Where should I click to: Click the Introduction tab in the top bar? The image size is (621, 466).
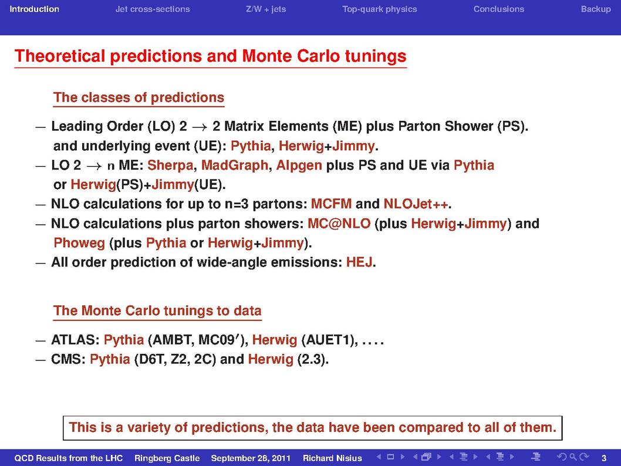click(x=35, y=9)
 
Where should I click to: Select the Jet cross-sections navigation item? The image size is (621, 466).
click(x=153, y=9)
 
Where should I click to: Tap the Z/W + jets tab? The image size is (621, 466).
click(x=266, y=9)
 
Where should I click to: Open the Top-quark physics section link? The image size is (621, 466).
click(x=379, y=9)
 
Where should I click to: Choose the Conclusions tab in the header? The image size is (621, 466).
click(x=499, y=9)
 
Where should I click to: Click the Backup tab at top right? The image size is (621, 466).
click(x=596, y=9)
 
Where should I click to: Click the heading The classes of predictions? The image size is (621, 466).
click(x=139, y=97)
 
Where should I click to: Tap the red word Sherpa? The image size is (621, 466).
click(x=170, y=165)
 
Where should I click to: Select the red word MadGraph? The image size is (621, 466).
click(x=234, y=165)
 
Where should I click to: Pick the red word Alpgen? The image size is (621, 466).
click(x=299, y=165)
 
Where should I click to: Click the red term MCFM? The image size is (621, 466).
click(x=331, y=204)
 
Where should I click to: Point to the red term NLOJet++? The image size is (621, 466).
click(x=416, y=204)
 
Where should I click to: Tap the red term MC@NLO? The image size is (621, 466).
click(x=339, y=224)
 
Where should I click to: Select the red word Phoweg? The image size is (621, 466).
click(x=79, y=243)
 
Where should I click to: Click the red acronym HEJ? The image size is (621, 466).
click(x=359, y=262)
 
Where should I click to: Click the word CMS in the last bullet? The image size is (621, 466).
click(x=66, y=359)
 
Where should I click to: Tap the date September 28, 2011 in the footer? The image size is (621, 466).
click(x=251, y=458)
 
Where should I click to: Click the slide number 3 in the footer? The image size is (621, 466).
click(x=604, y=458)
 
